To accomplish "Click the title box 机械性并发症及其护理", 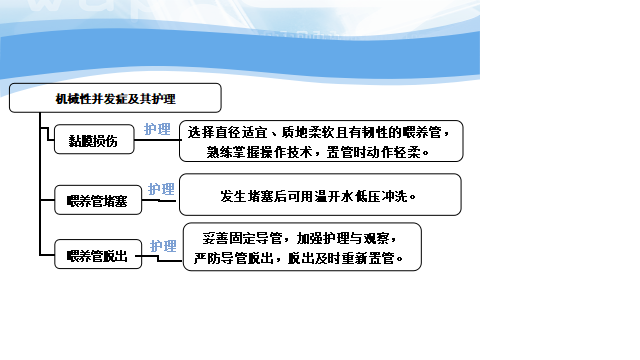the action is (115, 98).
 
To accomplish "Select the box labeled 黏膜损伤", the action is (94, 140).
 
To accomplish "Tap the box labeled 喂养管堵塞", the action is (98, 200).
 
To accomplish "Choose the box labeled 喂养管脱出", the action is (98, 254).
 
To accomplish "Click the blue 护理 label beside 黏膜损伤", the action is (157, 129).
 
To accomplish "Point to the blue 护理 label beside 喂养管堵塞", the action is (161, 189).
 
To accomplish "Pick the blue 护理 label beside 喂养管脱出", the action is (163, 246).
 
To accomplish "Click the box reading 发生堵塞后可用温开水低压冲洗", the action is (320, 194).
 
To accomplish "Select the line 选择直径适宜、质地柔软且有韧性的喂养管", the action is (318, 132).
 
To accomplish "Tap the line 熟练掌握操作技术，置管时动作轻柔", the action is (318, 152).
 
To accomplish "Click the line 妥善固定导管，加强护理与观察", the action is (300, 238).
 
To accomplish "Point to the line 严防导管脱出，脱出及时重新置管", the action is (299, 258).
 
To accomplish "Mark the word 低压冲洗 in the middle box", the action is (382, 196).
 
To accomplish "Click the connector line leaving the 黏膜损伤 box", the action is (158, 140).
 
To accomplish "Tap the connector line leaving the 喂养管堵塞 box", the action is (159, 200).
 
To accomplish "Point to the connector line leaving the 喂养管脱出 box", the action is (158, 258).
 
